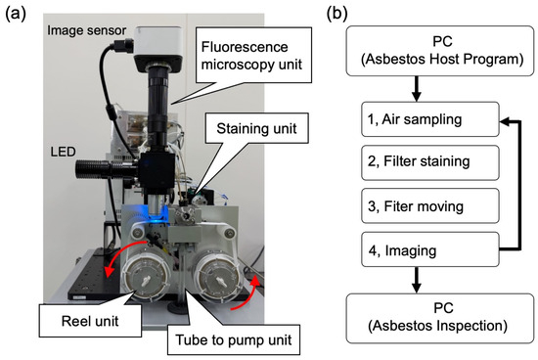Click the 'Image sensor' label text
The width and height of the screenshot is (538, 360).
coord(86,30)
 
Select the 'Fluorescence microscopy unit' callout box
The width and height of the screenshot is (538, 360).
coord(253,56)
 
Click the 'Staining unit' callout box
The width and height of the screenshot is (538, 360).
coord(256,128)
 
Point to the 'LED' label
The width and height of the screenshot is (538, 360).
coord(63,152)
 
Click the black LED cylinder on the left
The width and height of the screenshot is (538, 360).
coord(107,169)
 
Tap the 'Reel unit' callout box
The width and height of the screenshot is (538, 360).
coord(90,321)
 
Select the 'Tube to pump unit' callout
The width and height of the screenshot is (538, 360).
coord(234,339)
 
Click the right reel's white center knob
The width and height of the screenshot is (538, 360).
coord(221,281)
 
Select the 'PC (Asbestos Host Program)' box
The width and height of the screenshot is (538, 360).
coord(440,51)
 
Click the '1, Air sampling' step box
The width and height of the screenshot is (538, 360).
coord(430,119)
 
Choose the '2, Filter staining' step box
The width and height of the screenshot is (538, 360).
coord(430,162)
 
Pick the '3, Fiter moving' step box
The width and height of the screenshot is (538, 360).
coord(430,205)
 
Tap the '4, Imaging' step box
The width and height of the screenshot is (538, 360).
coord(430,249)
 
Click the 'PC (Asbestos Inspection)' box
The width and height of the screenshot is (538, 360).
coord(440,318)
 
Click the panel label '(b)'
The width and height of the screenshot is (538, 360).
coord(336,14)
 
